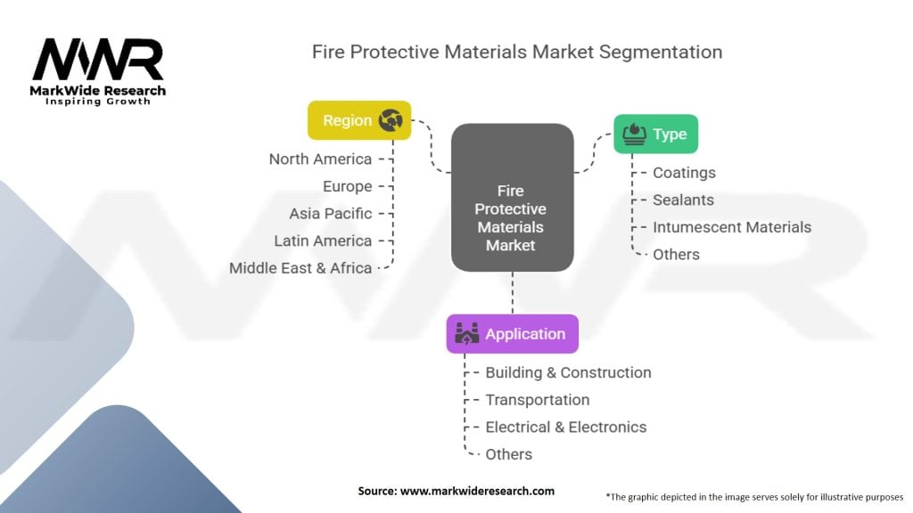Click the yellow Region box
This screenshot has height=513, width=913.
(359, 120)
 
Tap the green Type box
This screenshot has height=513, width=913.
(655, 134)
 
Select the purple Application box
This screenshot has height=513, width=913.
(513, 334)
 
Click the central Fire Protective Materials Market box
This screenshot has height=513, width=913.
(513, 197)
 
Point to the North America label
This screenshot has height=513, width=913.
(320, 159)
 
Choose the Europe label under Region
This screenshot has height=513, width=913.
(348, 186)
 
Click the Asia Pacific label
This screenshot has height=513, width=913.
(331, 214)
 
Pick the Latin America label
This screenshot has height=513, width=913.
(323, 240)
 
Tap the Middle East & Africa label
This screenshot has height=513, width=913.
(300, 268)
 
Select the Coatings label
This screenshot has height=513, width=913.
(684, 173)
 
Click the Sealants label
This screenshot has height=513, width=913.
(683, 200)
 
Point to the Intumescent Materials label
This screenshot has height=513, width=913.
(732, 227)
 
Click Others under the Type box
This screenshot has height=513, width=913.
(676, 255)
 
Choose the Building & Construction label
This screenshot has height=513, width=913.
(568, 373)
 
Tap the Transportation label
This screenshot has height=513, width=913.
(538, 400)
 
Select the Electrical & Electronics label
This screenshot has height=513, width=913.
(566, 427)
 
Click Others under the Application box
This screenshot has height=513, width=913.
(509, 454)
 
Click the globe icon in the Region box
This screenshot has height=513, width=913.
(391, 120)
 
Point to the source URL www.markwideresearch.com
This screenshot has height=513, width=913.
(478, 491)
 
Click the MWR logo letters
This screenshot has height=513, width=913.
(98, 60)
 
